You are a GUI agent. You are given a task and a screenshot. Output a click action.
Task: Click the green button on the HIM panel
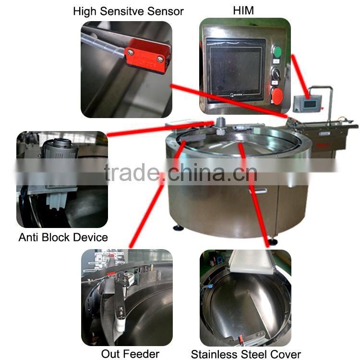point(277,52)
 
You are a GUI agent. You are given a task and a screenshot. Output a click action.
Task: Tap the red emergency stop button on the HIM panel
point(277,96)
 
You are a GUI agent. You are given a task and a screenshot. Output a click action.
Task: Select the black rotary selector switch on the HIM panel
point(276,73)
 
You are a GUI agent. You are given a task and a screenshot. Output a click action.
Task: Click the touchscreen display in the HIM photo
point(236,70)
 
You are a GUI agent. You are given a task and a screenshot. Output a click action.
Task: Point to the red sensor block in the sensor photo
point(147,56)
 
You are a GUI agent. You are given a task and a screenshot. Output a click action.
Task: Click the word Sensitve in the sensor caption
point(122,12)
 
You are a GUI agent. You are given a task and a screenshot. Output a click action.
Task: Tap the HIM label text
point(243,11)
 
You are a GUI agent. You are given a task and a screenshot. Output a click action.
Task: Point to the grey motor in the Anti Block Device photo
point(60,149)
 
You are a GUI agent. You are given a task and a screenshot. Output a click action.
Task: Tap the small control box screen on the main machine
point(310,104)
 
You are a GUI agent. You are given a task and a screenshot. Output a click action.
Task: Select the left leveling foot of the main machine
point(179,228)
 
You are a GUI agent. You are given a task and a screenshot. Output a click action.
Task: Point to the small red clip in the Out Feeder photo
point(111,274)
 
